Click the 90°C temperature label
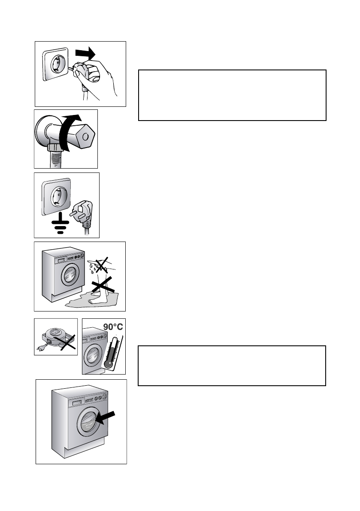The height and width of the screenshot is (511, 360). pyautogui.click(x=113, y=327)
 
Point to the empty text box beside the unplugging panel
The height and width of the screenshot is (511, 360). pyautogui.click(x=232, y=95)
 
